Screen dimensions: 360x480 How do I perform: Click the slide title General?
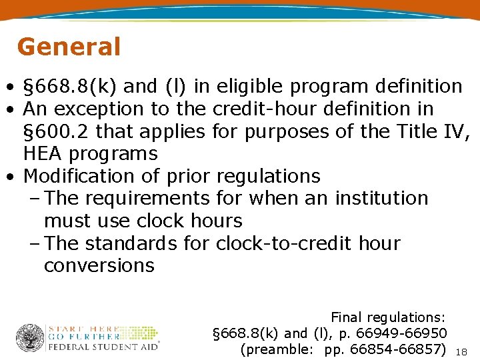click(x=69, y=47)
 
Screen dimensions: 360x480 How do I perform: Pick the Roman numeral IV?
click(x=457, y=131)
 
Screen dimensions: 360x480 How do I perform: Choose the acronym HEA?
click(x=45, y=154)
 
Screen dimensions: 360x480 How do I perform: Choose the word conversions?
click(x=99, y=265)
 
